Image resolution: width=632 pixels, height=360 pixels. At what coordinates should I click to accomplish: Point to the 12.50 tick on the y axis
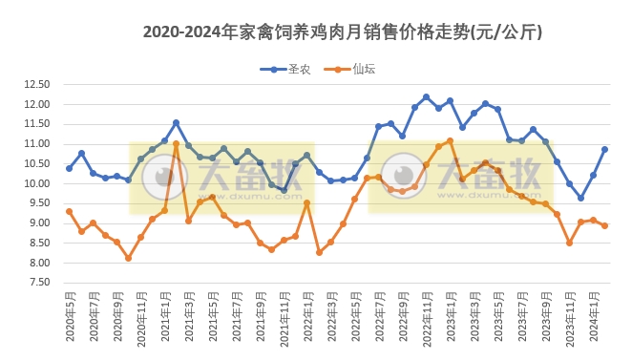(x=36, y=84)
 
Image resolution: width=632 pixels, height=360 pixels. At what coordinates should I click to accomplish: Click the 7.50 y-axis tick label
(x=36, y=283)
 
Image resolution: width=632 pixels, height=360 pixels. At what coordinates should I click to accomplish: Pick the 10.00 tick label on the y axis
(x=36, y=183)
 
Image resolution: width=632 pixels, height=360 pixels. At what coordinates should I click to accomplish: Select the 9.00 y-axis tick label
(x=36, y=223)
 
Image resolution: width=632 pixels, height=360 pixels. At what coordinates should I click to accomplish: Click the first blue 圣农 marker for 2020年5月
(x=69, y=168)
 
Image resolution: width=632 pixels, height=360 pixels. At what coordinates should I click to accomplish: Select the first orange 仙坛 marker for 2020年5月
(x=69, y=211)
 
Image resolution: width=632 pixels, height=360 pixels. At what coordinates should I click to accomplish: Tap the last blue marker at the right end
(x=604, y=149)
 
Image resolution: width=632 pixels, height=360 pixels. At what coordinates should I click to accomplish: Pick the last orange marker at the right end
(x=604, y=225)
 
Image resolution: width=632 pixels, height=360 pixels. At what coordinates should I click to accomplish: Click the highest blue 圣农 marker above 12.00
(x=426, y=97)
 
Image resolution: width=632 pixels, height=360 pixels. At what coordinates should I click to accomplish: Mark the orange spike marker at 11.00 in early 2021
(x=176, y=144)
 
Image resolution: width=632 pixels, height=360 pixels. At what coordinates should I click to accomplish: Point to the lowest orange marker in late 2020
(x=128, y=258)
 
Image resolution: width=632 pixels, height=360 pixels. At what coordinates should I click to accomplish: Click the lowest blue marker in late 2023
(x=580, y=198)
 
